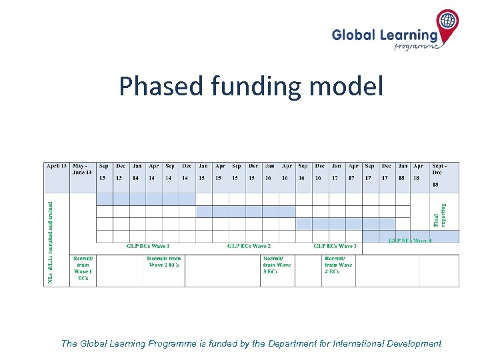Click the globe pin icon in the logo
click(448, 22)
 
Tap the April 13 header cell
click(57, 166)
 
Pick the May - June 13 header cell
click(83, 169)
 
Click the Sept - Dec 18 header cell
click(445, 175)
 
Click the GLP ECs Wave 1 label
click(148, 247)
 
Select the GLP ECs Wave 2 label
click(249, 247)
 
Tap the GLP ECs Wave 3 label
click(335, 247)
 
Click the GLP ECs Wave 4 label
click(410, 240)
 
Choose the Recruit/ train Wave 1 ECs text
click(83, 268)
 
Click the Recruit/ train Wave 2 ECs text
click(164, 261)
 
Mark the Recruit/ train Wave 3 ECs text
click(277, 265)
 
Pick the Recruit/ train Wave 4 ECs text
click(338, 265)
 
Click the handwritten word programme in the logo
click(417, 47)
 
